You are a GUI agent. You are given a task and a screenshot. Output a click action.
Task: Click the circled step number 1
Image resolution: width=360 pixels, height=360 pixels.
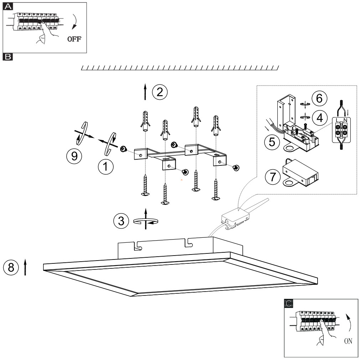[x=106, y=166]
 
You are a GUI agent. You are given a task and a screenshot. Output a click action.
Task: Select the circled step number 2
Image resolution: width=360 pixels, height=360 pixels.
[x=159, y=92]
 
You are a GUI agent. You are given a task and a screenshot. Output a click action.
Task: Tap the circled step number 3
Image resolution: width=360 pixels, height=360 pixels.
[x=121, y=221]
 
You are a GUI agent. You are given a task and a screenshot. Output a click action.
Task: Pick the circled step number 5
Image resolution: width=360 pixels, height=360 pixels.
[x=272, y=142]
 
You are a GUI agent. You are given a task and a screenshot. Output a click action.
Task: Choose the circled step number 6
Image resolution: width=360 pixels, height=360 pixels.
[x=319, y=98]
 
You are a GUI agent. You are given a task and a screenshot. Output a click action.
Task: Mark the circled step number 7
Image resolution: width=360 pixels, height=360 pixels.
[x=273, y=177]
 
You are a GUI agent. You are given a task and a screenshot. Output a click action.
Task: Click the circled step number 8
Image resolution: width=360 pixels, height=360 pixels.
[x=11, y=267]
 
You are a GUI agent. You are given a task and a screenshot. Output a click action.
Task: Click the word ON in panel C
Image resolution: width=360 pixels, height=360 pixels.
[x=348, y=341]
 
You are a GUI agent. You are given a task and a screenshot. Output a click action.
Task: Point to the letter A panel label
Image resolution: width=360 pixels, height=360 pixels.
[x=7, y=6]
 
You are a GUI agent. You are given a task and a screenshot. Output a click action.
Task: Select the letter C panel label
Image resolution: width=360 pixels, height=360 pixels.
[x=289, y=303]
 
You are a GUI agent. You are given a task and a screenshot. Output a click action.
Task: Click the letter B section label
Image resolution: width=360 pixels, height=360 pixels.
[x=7, y=56]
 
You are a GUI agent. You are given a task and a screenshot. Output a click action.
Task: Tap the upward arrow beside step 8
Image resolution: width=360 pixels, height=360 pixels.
[x=25, y=267]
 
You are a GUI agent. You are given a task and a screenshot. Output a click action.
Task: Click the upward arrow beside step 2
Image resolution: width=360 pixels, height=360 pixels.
[x=145, y=92]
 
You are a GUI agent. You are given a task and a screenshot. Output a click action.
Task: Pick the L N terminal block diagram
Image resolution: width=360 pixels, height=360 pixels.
[x=341, y=130]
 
